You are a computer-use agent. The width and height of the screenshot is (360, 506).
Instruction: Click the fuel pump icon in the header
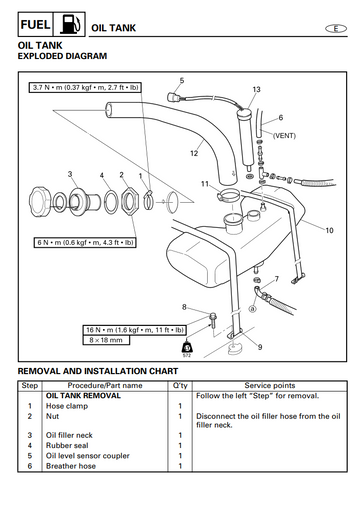(70, 24)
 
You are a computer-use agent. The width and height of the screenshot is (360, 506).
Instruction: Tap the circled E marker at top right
(336, 29)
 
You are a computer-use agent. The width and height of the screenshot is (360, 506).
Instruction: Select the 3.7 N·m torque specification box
(85, 88)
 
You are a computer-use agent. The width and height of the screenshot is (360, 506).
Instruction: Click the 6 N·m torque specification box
(85, 242)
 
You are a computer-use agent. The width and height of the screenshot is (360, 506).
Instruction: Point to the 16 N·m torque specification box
(135, 330)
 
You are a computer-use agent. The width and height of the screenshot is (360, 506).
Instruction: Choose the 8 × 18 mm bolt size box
(106, 340)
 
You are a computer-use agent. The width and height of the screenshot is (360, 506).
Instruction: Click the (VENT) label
(284, 136)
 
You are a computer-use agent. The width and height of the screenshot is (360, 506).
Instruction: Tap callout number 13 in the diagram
(256, 89)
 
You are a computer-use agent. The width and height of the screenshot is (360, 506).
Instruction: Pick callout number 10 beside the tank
(329, 230)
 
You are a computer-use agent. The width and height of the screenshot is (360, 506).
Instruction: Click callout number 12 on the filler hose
(194, 153)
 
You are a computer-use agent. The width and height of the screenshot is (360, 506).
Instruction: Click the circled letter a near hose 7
(253, 309)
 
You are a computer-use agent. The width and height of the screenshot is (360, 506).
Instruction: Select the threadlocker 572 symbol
(187, 349)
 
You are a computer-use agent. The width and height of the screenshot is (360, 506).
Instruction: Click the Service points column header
(270, 386)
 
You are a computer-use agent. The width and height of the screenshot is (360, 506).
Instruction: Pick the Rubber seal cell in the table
(67, 445)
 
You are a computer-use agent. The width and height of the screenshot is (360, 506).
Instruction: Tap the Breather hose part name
(71, 466)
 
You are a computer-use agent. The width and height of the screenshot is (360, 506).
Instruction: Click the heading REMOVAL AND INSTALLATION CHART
(98, 371)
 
